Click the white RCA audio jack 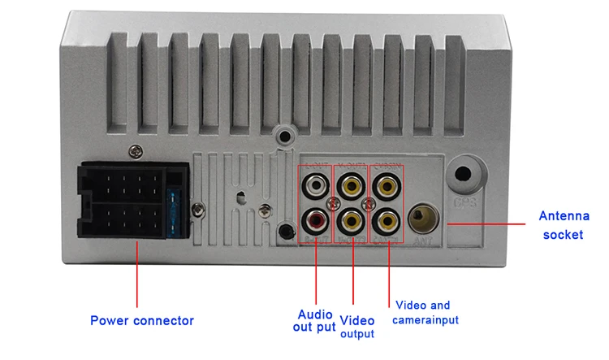coord(316,186)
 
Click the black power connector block coord(122,202)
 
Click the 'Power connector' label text coord(141,320)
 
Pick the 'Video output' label coord(356,326)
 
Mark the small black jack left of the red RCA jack coord(283,231)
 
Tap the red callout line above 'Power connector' coord(137,276)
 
